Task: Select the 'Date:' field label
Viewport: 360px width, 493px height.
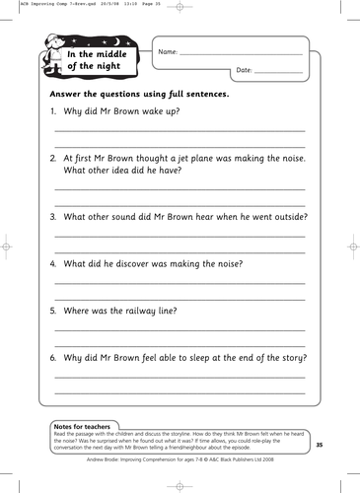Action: click(x=246, y=70)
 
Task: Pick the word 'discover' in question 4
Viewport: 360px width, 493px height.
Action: click(x=127, y=263)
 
